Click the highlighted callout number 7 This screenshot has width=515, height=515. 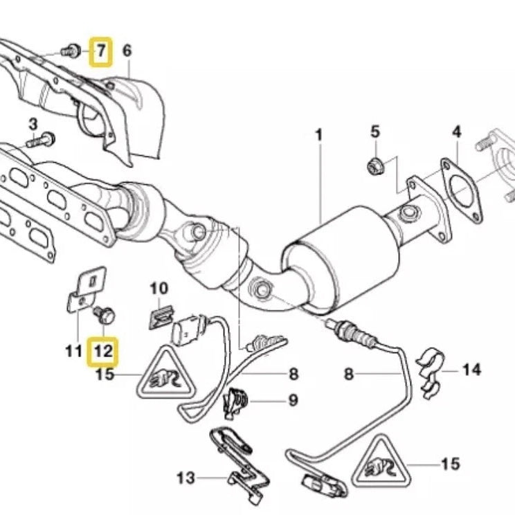pos(101,51)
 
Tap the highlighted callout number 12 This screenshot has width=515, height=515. pos(102,352)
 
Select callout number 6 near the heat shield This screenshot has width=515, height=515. pos(127,51)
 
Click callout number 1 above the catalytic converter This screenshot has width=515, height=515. pos(319,136)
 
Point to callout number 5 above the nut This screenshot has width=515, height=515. pos(375,131)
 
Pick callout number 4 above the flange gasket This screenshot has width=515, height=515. pos(457,131)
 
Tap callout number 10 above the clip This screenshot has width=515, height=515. pos(159,287)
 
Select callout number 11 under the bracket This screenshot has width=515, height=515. pos(74,351)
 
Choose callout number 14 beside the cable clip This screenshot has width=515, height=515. pos(471,370)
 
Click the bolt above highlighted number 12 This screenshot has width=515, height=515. pos(106,315)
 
